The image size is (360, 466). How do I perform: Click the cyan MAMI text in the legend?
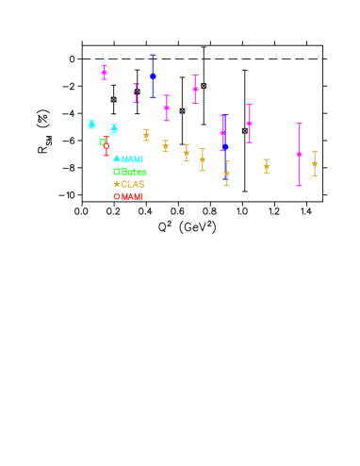click(x=132, y=159)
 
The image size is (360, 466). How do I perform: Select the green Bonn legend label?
click(x=134, y=172)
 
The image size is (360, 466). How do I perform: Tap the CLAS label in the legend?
click(x=133, y=185)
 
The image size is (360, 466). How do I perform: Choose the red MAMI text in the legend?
click(x=132, y=197)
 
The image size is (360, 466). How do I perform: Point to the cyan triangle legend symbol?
click(x=117, y=159)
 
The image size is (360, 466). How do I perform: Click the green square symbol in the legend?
click(x=117, y=172)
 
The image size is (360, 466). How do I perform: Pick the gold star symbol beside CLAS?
click(x=117, y=185)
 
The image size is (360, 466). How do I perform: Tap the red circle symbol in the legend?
click(x=117, y=197)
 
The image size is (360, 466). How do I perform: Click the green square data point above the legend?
click(x=102, y=142)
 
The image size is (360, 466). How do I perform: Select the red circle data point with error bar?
click(x=106, y=145)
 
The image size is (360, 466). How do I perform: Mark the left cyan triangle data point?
click(x=91, y=125)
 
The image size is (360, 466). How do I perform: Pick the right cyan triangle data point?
click(x=114, y=128)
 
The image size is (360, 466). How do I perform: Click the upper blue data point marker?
click(x=153, y=76)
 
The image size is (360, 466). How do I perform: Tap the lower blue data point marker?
click(x=225, y=147)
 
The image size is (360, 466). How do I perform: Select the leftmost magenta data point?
click(x=104, y=72)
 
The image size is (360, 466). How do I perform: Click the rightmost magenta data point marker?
click(x=299, y=155)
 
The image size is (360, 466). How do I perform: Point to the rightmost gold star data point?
click(x=314, y=164)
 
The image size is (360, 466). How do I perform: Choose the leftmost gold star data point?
click(x=146, y=135)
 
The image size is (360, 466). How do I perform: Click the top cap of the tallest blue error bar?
click(x=153, y=55)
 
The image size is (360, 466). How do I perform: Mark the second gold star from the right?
click(x=266, y=166)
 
